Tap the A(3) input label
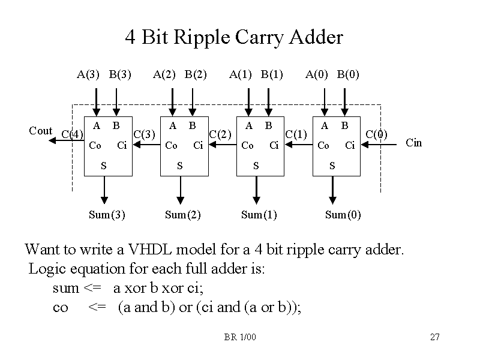[88, 75]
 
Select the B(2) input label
[196, 75]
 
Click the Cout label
[41, 131]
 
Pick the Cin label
[414, 143]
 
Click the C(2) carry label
[220, 133]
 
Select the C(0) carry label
[377, 133]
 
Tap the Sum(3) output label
[107, 215]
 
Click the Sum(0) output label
[343, 215]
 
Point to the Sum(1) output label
[259, 215]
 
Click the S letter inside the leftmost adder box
[103, 164]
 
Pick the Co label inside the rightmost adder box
[323, 145]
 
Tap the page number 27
[435, 337]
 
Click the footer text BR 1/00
[240, 337]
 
